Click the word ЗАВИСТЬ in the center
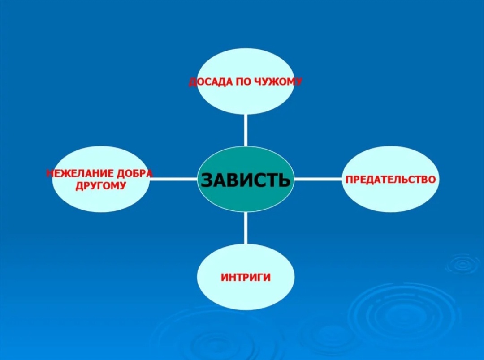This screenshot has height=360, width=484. (x=246, y=180)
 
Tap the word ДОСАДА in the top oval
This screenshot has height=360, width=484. (x=209, y=82)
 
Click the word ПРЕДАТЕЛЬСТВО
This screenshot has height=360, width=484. (x=390, y=180)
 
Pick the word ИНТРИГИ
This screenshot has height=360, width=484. (x=246, y=277)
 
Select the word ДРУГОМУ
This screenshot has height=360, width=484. (x=101, y=185)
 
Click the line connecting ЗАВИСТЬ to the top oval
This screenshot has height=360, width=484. (x=246, y=130)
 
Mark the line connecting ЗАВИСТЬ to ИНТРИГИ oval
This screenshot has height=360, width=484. (x=246, y=228)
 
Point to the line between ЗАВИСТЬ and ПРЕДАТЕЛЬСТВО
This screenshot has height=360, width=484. (x=318, y=179)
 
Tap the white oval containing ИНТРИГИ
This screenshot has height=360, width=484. (x=246, y=296)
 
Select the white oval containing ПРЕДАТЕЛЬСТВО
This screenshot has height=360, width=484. (x=390, y=197)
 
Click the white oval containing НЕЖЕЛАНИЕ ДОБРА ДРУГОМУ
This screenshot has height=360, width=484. (x=101, y=201)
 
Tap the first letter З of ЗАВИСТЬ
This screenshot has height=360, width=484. (x=207, y=180)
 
